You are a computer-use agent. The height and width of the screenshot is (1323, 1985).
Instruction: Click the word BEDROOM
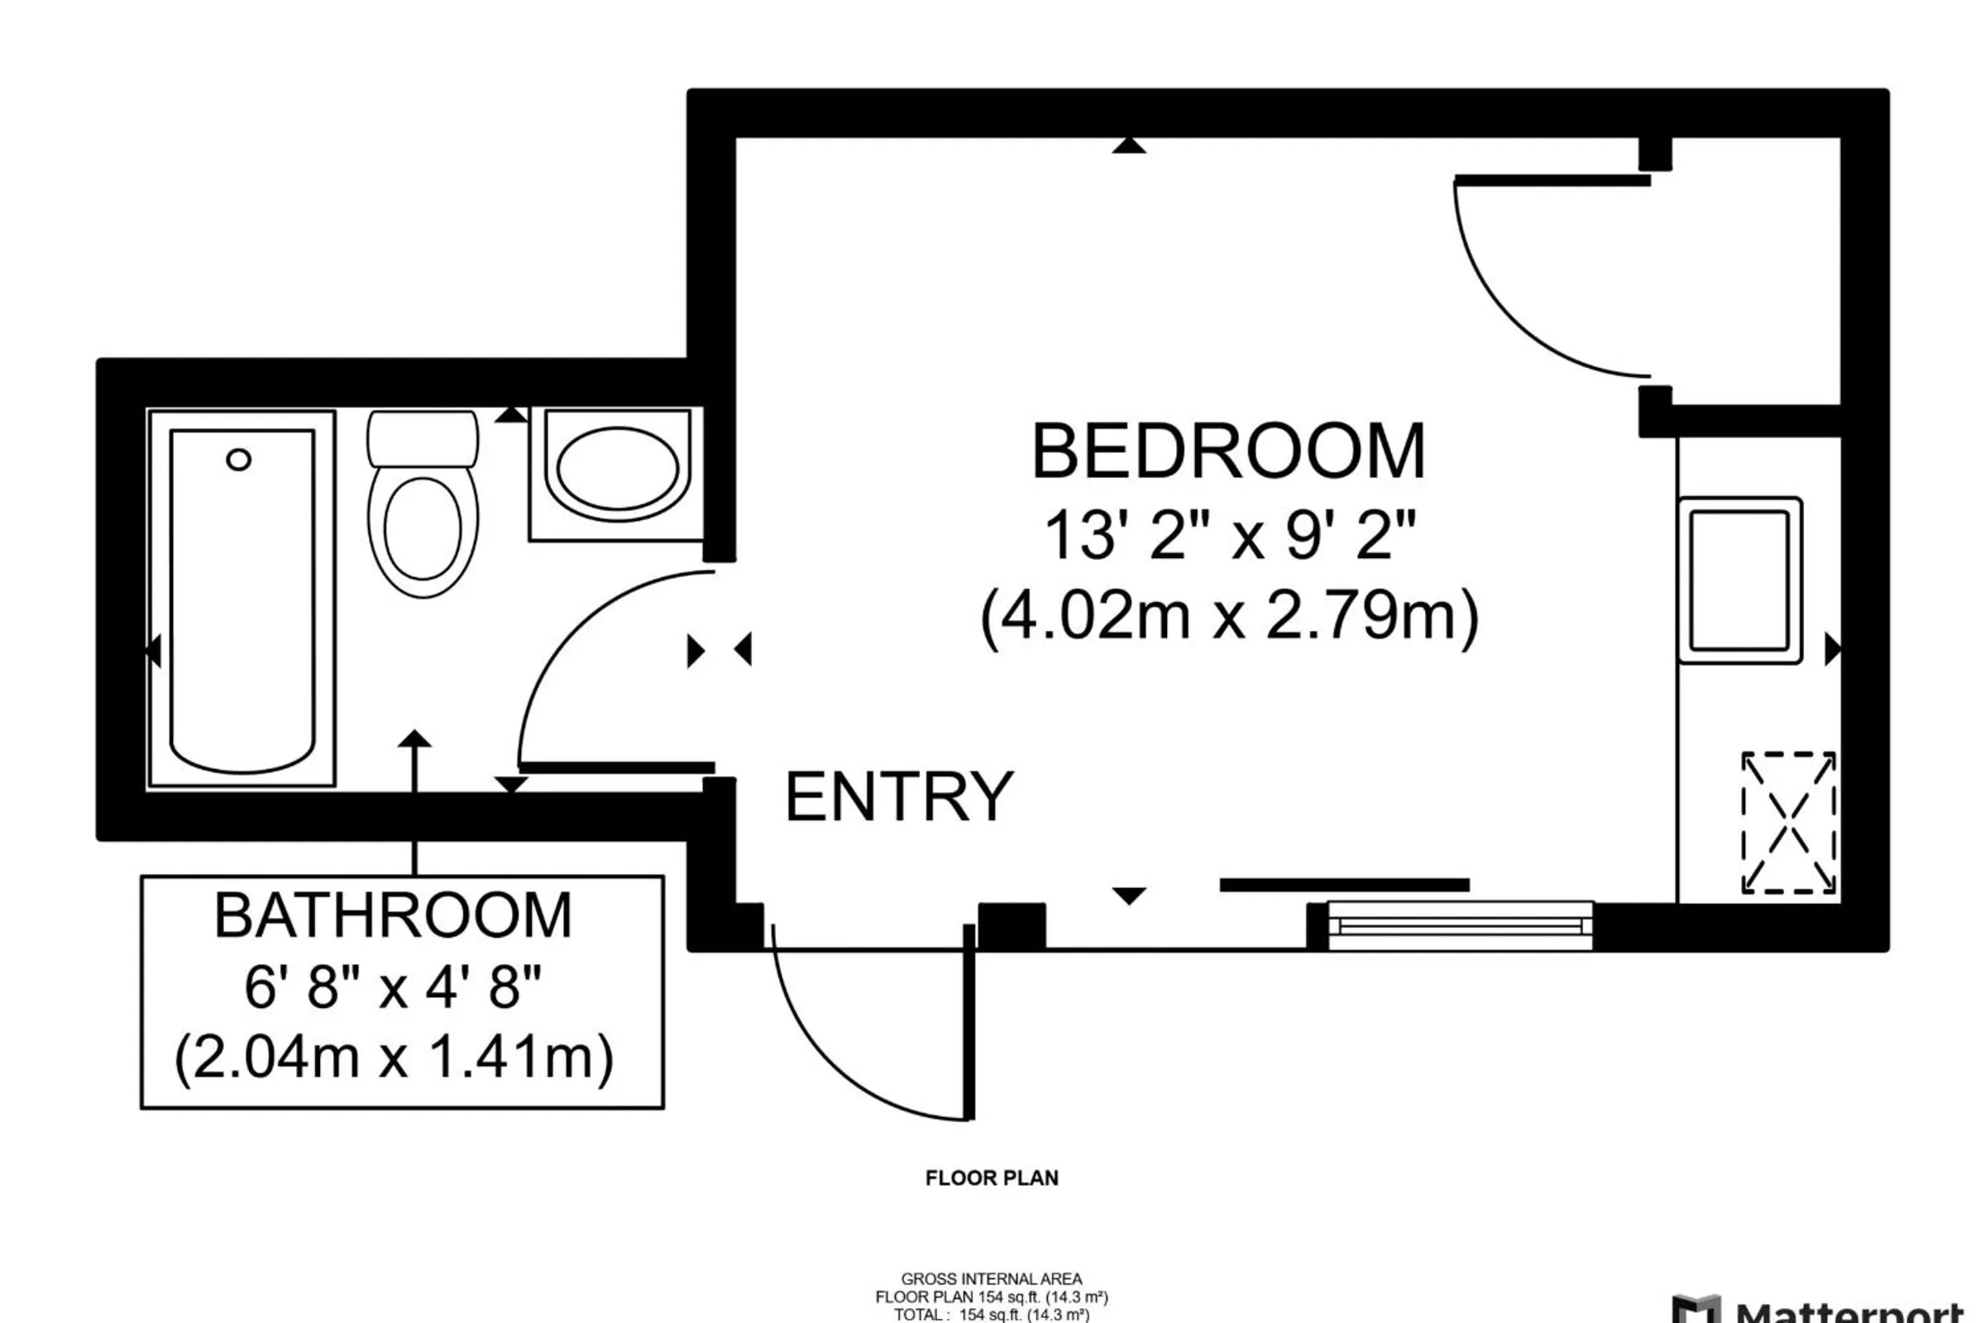[1228, 452]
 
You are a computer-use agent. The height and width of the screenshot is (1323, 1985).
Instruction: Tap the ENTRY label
[899, 796]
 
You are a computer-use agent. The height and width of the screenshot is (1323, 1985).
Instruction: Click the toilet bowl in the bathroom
[422, 530]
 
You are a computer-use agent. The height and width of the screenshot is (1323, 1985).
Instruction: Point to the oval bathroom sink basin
[617, 468]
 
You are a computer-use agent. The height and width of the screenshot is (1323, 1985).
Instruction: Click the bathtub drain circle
[239, 460]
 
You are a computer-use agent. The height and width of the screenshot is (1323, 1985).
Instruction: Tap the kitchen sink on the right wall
[1739, 580]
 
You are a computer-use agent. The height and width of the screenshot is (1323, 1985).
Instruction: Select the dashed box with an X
[1788, 823]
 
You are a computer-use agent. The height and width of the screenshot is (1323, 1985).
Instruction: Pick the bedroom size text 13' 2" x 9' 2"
[1229, 535]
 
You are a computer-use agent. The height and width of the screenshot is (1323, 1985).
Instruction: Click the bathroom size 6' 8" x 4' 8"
[394, 986]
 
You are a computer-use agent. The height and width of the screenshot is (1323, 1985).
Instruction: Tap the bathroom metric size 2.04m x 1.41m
[394, 1057]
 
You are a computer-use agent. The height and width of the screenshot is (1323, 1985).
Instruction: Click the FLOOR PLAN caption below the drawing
[992, 1177]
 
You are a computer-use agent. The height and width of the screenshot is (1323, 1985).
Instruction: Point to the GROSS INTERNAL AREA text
[992, 1279]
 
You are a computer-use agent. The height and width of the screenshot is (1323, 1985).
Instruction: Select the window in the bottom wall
[1460, 926]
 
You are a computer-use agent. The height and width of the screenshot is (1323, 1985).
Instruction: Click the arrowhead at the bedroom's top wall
[1128, 146]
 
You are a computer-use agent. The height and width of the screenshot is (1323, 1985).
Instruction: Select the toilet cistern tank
[422, 438]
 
